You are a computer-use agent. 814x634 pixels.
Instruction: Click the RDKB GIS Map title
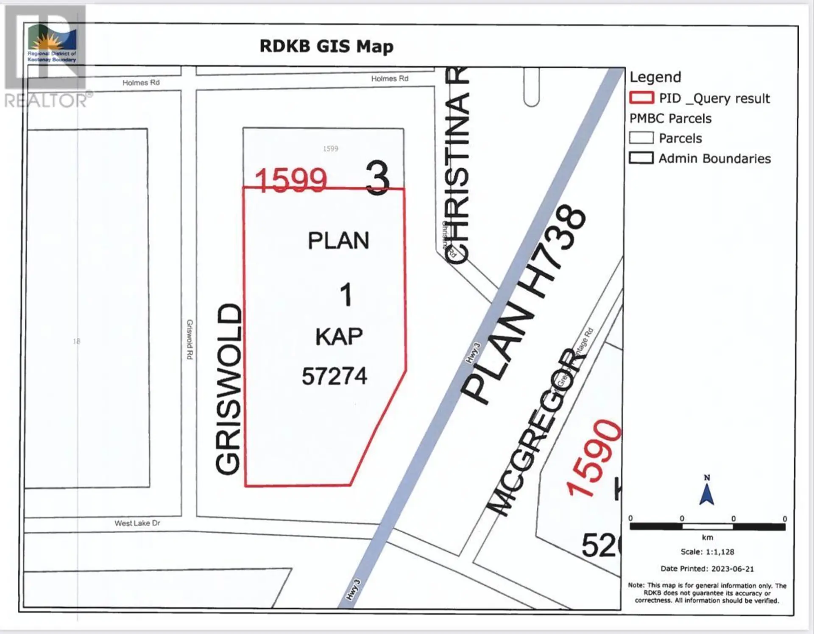point(326,46)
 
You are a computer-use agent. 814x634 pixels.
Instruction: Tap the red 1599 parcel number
point(291,181)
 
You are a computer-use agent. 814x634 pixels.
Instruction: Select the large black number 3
point(377,178)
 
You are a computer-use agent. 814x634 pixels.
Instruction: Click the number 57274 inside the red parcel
point(334,376)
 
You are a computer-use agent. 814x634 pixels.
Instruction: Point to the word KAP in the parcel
point(339,337)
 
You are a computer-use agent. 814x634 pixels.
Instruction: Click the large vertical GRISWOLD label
point(229,389)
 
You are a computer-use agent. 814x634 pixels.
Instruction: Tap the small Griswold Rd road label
point(190,339)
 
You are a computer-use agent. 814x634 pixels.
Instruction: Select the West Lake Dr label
point(137,523)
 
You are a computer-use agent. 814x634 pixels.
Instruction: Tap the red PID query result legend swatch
point(641,98)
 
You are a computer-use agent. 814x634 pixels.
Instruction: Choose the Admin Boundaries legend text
point(714,158)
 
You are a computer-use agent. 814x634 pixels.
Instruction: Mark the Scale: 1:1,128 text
point(707,552)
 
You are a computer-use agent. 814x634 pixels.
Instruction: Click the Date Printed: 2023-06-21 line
point(707,569)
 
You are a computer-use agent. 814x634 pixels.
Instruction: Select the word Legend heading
point(655,77)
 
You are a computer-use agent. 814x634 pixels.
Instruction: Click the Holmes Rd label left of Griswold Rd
point(141,83)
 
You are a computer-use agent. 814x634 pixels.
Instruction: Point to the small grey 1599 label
point(330,149)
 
